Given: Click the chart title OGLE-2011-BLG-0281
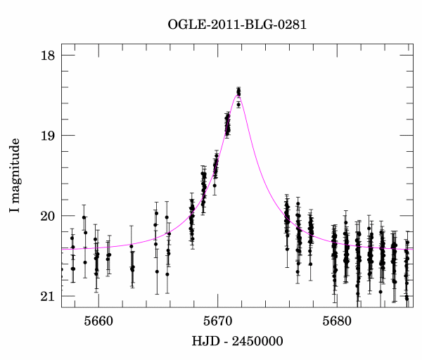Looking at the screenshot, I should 237,25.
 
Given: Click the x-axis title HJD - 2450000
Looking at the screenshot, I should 236,341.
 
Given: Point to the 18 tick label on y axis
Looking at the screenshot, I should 46,55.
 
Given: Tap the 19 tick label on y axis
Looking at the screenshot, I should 46,136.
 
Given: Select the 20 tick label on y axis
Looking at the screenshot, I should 46,216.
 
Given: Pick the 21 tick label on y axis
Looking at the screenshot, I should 46,296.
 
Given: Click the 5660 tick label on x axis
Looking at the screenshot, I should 98,321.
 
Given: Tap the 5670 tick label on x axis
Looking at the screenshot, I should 217,321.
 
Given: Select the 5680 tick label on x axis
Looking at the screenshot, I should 336,321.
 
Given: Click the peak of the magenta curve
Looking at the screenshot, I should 238,95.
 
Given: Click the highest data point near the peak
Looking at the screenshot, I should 239,90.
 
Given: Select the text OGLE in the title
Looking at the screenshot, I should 185,25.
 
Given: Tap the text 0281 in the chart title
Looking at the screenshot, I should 290,25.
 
